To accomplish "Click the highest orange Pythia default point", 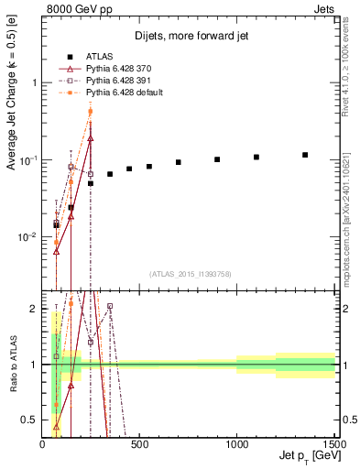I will [x=90, y=112].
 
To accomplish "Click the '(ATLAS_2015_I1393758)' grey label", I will [x=189, y=274].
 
